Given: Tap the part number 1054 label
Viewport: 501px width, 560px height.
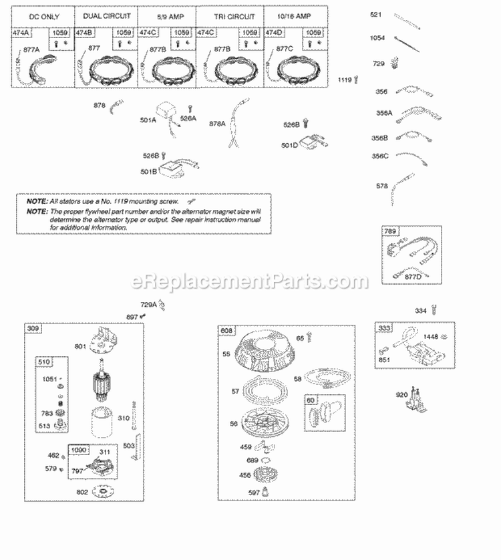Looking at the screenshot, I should [378, 39].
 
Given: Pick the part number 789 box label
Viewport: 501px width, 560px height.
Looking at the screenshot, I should [391, 232].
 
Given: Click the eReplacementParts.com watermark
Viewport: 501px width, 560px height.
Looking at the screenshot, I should [251, 281].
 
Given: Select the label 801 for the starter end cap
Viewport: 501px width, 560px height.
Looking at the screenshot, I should [81, 346].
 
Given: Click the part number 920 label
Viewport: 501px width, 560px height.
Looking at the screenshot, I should [401, 395].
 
